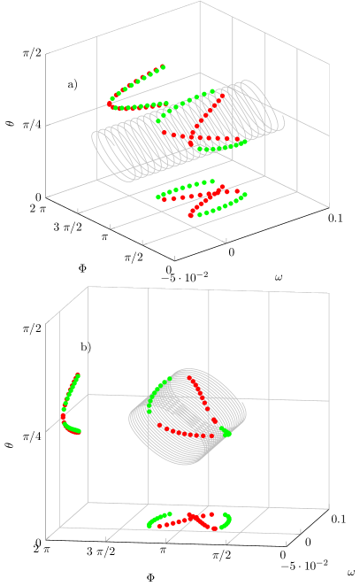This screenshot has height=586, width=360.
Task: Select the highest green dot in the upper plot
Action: coord(163,66)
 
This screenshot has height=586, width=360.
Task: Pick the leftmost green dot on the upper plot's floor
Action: coord(157,197)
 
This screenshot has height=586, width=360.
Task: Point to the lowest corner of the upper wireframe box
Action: coord(175,260)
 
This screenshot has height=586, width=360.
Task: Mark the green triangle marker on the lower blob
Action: coord(226,432)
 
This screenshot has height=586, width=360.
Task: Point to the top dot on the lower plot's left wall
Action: coord(78,375)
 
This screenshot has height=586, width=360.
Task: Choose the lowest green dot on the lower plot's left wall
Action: coord(79,432)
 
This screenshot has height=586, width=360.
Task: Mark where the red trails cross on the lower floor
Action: coord(195,516)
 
